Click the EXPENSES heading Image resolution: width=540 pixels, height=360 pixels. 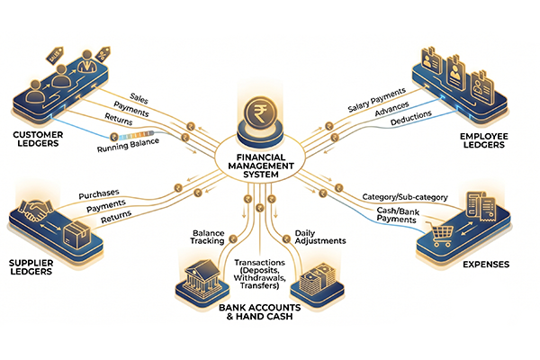coord(487,265)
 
